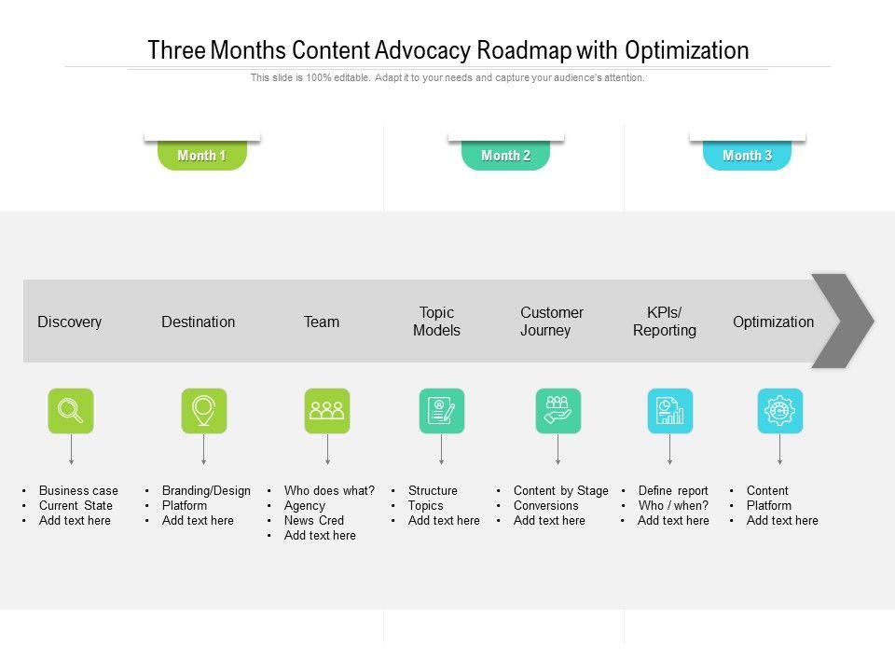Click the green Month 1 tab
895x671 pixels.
coord(202,156)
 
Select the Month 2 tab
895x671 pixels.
coord(505,156)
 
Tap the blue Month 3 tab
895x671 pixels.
coord(747,156)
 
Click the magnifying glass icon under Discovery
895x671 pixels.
coord(71,411)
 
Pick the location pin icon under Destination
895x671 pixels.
coord(203,411)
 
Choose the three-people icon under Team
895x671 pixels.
coord(327,411)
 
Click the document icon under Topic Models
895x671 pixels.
coord(441,411)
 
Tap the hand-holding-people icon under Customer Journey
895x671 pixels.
coord(558,411)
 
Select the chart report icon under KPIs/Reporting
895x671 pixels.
coord(669,411)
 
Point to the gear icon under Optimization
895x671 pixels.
coord(779,411)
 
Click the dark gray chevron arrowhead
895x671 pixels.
coord(842,321)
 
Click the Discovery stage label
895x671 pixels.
coord(70,322)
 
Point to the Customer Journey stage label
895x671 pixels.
coord(552,322)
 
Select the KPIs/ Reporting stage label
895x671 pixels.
coord(665,322)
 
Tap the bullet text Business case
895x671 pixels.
coord(78,491)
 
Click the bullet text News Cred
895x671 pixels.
coord(314,521)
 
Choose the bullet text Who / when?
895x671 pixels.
coord(673,506)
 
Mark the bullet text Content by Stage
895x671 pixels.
coord(560,491)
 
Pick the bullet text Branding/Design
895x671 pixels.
coord(206,491)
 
